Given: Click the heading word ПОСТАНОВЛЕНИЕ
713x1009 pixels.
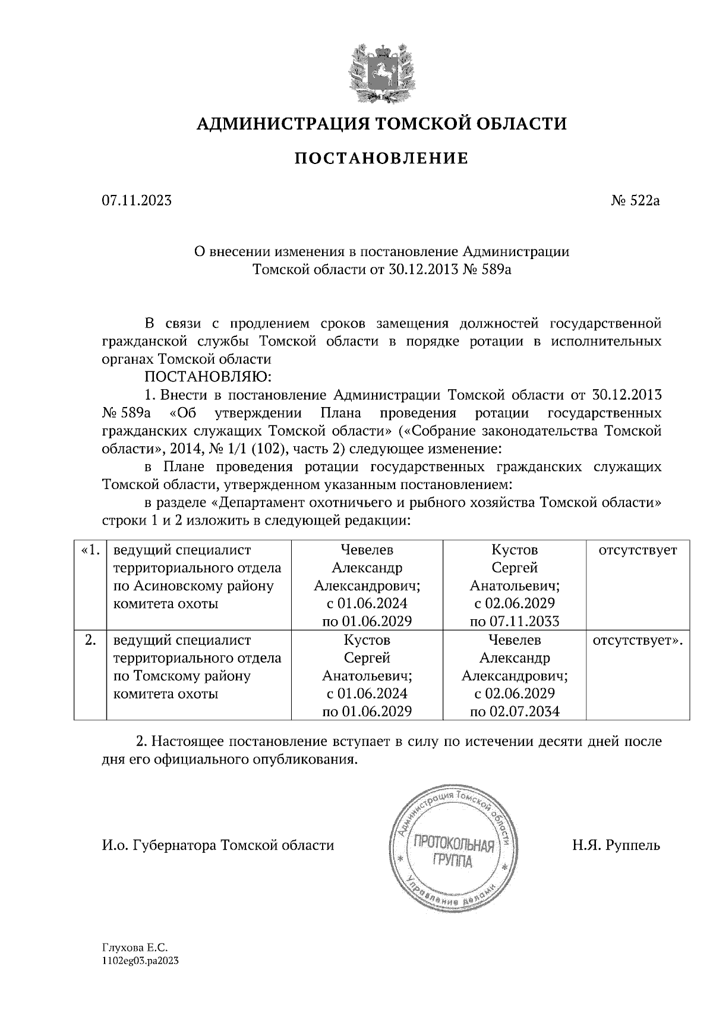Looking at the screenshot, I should pos(381,159).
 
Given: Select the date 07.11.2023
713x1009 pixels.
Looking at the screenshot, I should pos(137,201).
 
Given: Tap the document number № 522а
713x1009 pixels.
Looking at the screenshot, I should pos(635,201).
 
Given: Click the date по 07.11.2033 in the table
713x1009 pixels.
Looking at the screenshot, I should pos(515,622).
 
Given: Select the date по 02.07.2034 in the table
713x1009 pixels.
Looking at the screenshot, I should pos(515,711).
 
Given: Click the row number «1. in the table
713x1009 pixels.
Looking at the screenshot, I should pos(90,550).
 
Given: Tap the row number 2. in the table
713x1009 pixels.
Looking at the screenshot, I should pos(90,640).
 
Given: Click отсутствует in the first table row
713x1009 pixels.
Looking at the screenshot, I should pos(638,550).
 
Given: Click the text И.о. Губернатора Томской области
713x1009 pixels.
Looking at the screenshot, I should pos(218,844).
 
